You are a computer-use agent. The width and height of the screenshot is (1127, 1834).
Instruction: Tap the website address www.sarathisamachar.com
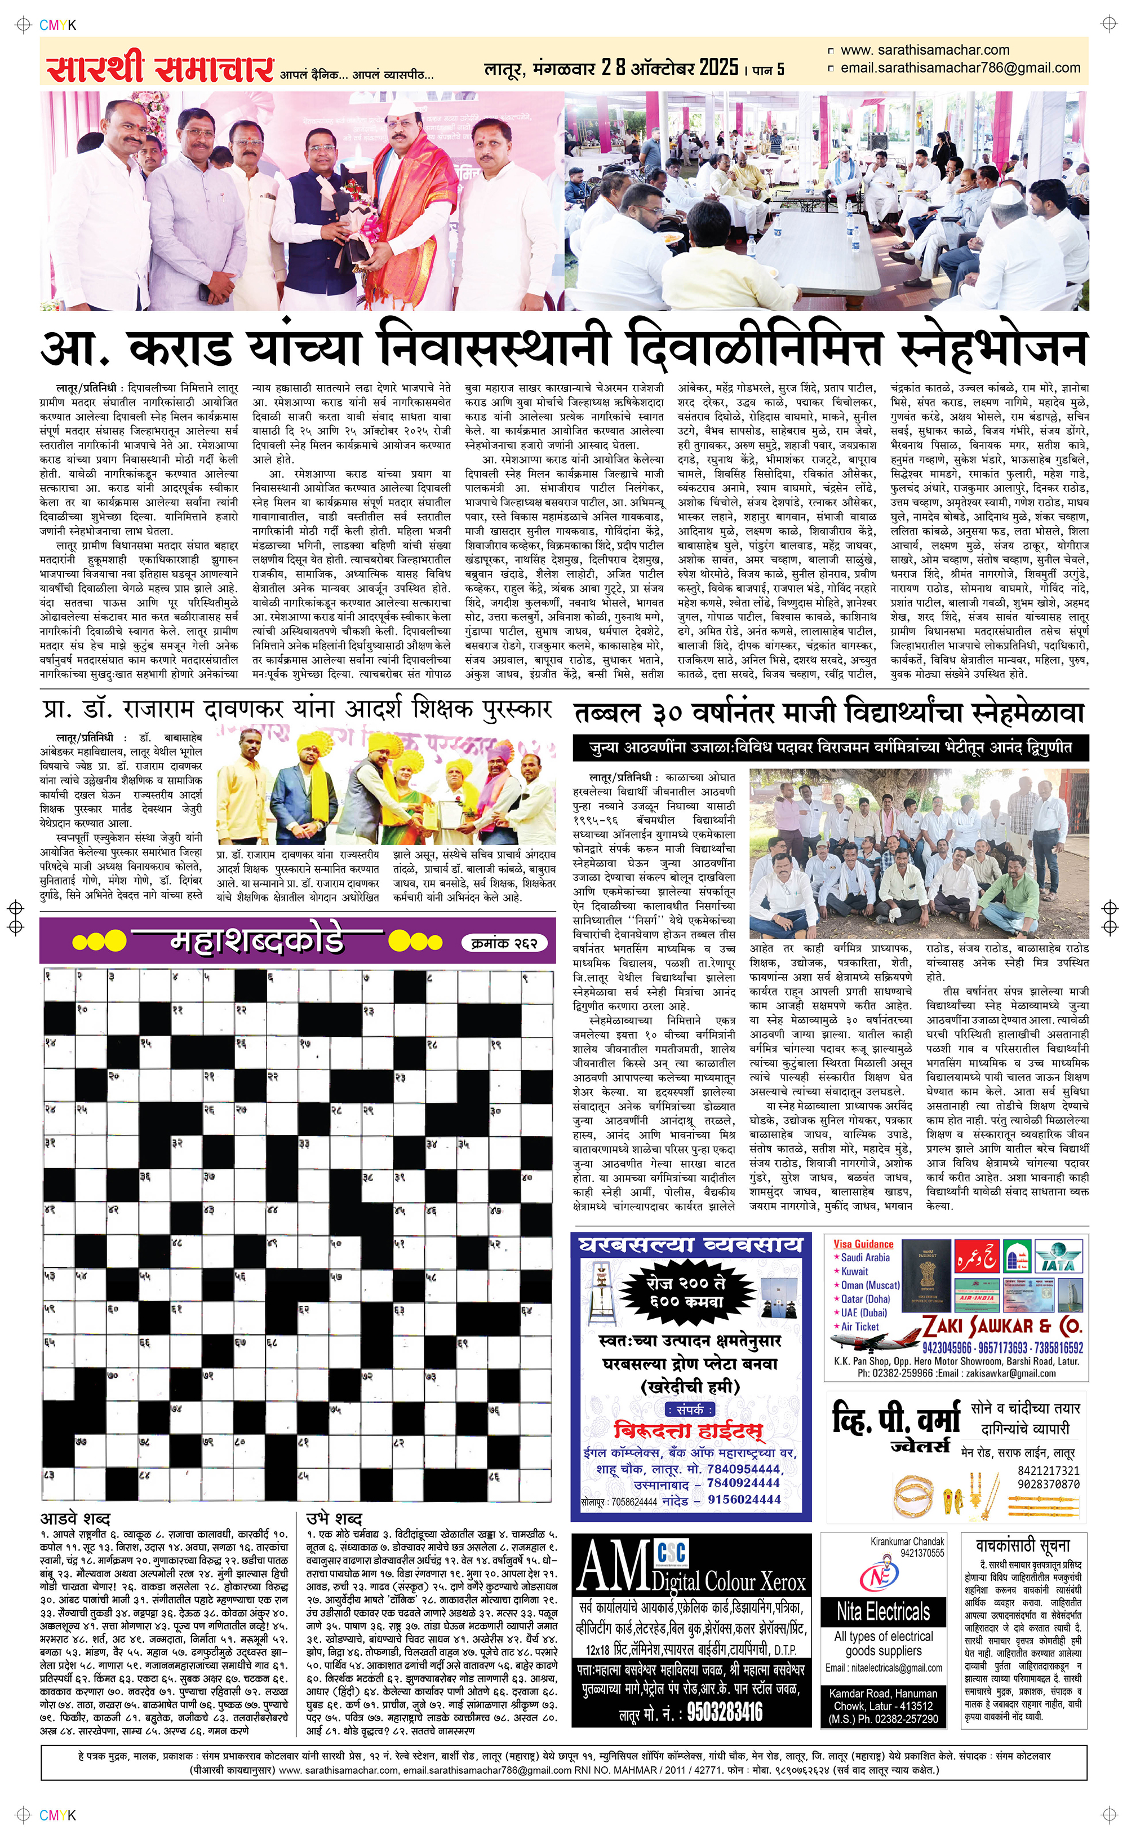(x=924, y=50)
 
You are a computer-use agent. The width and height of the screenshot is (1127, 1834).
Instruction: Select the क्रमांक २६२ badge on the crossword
(x=505, y=943)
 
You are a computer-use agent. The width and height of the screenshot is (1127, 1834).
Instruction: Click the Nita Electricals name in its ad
(x=883, y=1612)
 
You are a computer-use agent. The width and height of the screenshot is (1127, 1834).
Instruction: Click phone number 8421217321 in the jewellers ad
(x=1048, y=1470)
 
